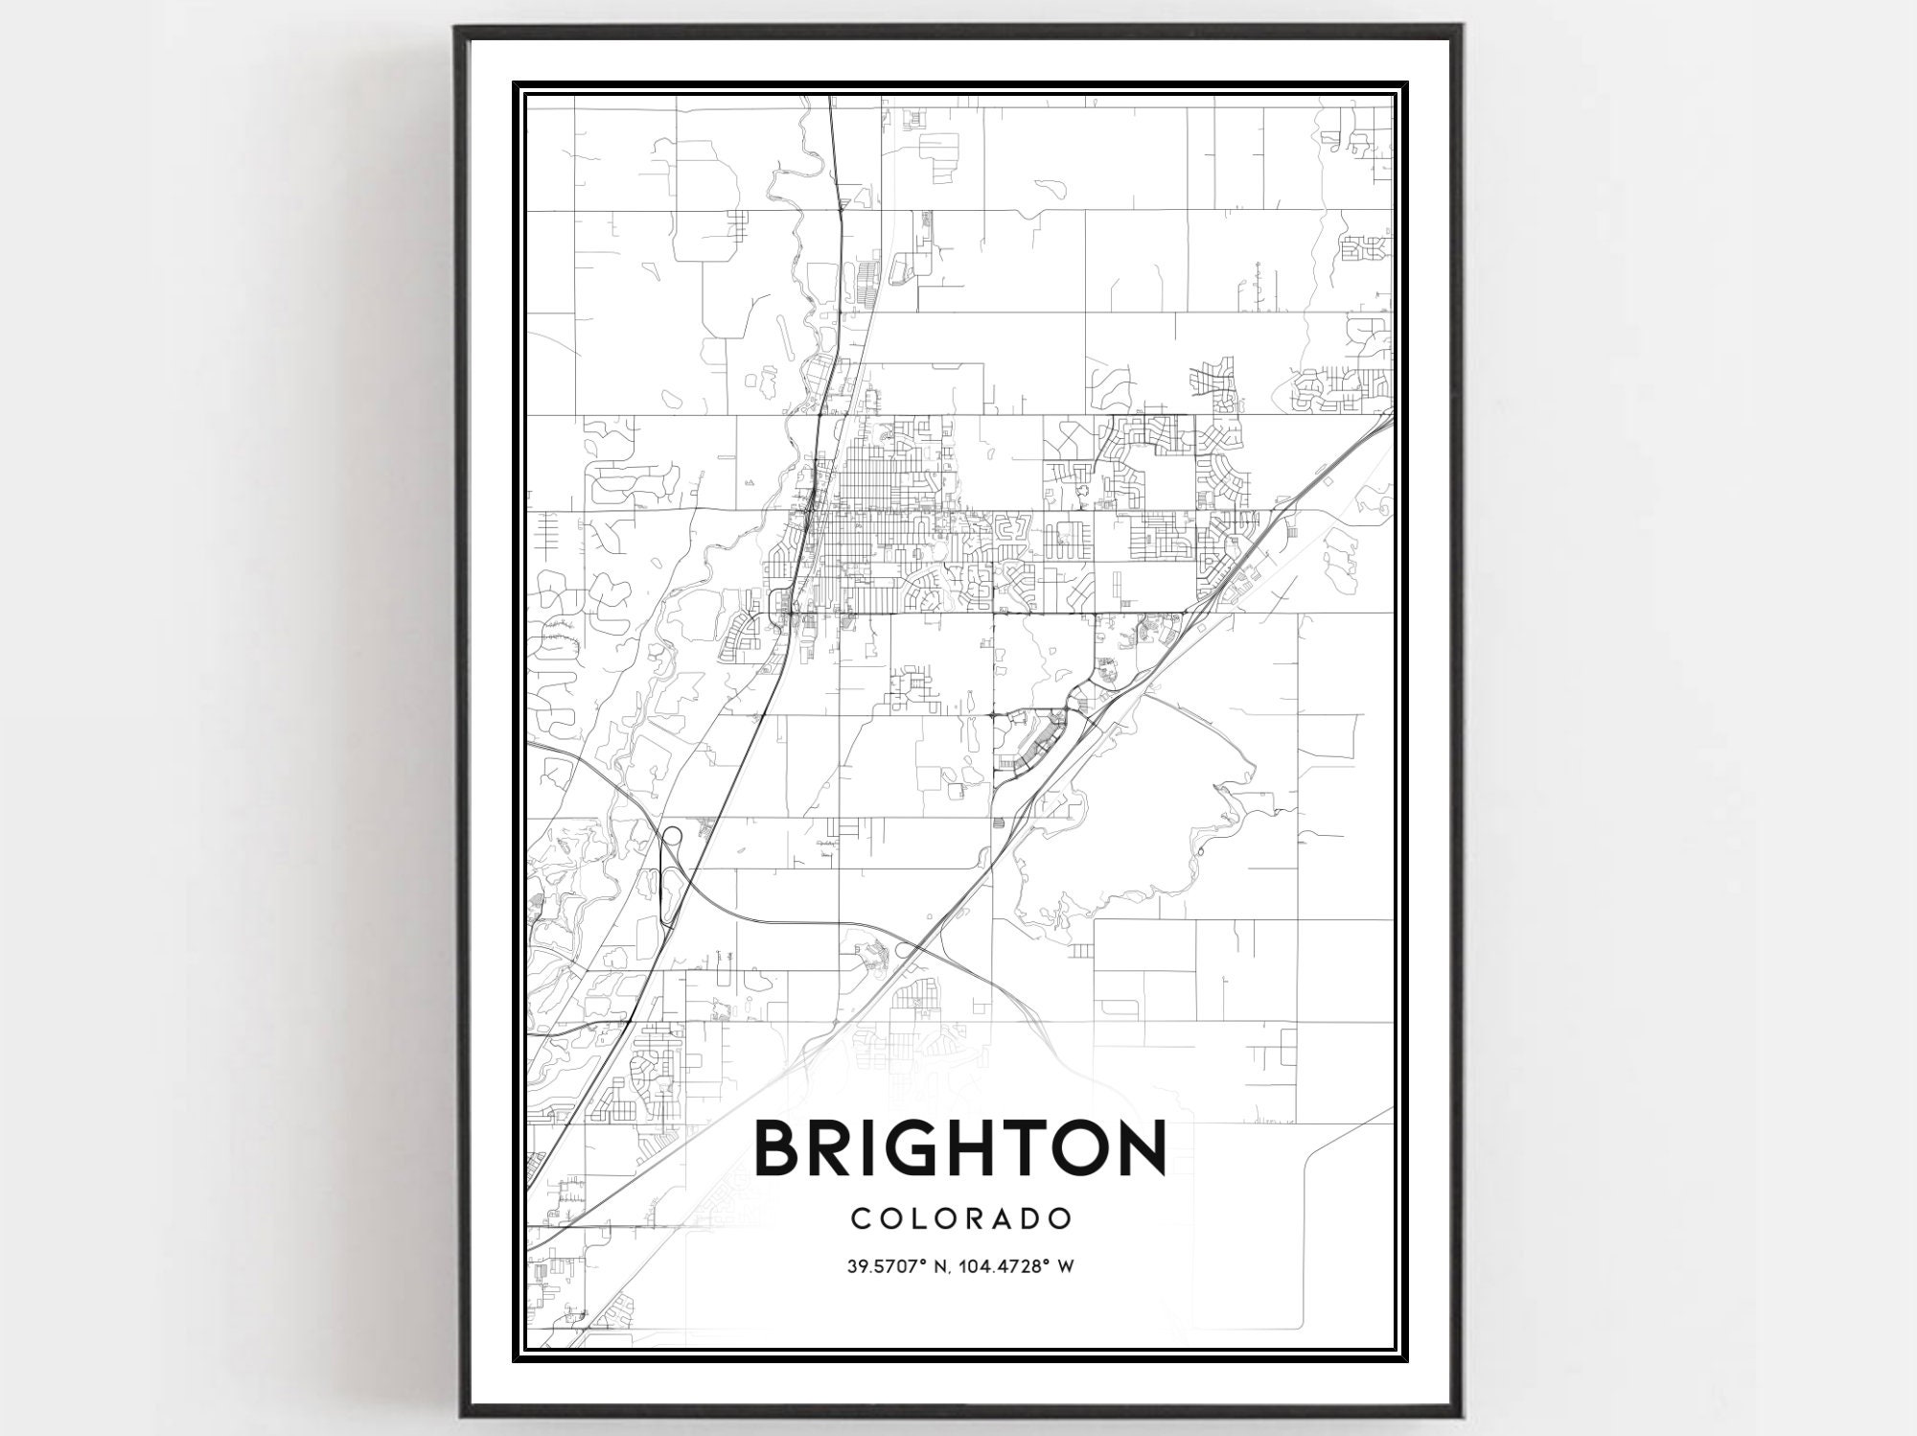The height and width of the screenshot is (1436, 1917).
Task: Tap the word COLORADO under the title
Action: tap(960, 1218)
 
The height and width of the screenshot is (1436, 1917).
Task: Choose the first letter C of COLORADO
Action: tap(859, 1218)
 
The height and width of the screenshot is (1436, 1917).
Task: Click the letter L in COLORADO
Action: tap(920, 1218)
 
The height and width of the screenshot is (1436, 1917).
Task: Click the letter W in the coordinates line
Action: tap(1064, 1266)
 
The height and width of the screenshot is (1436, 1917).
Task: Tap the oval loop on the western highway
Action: tap(671, 835)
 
